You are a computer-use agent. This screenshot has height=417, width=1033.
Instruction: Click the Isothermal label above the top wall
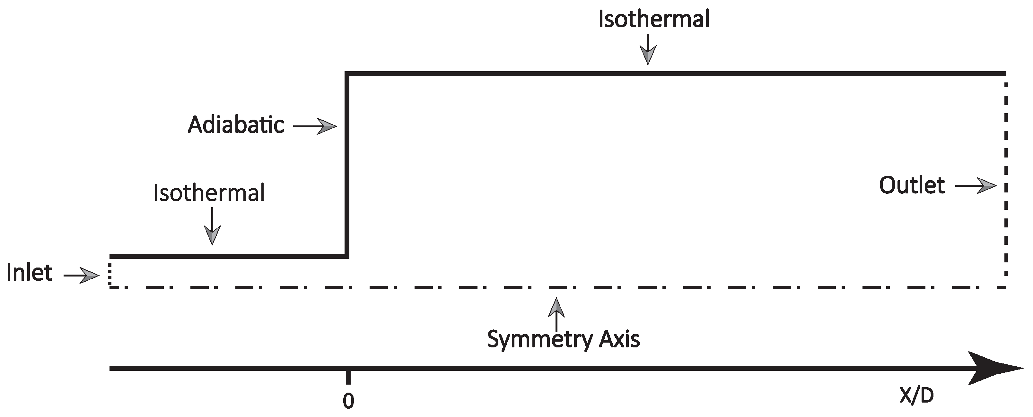pyautogui.click(x=654, y=19)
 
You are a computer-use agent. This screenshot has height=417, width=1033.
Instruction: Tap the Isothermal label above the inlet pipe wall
pyautogui.click(x=209, y=193)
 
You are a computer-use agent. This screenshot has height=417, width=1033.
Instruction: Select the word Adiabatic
pyautogui.click(x=236, y=125)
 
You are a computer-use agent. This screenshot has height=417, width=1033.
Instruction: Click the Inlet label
pyautogui.click(x=29, y=273)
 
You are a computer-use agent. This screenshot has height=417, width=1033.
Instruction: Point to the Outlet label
pyautogui.click(x=912, y=185)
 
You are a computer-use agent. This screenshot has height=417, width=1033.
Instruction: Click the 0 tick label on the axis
pyautogui.click(x=348, y=401)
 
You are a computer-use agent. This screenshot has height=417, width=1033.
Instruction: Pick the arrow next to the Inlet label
pyautogui.click(x=82, y=275)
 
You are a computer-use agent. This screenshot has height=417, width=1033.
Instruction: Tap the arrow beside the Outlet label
pyautogui.click(x=976, y=186)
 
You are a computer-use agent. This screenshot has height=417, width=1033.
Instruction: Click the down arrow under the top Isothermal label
pyautogui.click(x=648, y=50)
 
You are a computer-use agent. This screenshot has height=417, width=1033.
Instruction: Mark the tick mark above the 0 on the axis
pyautogui.click(x=348, y=377)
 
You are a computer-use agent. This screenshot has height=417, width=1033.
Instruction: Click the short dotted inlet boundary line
pyautogui.click(x=109, y=272)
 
